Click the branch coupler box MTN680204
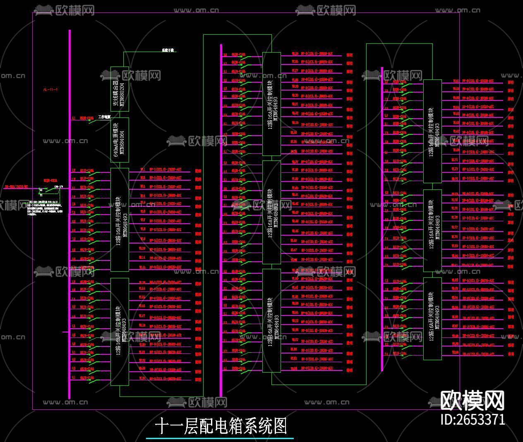pyautogui.click(x=120, y=89)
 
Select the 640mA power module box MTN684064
pyautogui.click(x=120, y=140)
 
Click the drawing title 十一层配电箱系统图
pyautogui.click(x=221, y=426)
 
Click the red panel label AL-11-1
pyautogui.click(x=50, y=90)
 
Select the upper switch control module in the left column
pyautogui.click(x=120, y=220)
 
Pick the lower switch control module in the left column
pyautogui.click(x=120, y=332)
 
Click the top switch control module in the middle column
pyautogui.click(x=271, y=104)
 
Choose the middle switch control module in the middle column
pyautogui.click(x=271, y=212)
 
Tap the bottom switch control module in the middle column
pyautogui.click(x=271, y=320)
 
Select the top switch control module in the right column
pyautogui.click(x=432, y=131)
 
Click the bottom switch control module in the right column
pyautogui.click(x=432, y=318)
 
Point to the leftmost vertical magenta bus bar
pyautogui.click(x=70, y=207)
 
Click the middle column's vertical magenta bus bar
pyautogui.click(x=221, y=219)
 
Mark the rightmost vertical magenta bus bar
pyautogui.click(x=382, y=219)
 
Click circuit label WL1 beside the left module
pyautogui.click(x=143, y=169)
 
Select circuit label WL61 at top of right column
pyautogui.click(x=456, y=81)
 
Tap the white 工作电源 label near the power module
pyautogui.click(x=104, y=117)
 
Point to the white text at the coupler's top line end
pyautogui.click(x=168, y=50)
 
